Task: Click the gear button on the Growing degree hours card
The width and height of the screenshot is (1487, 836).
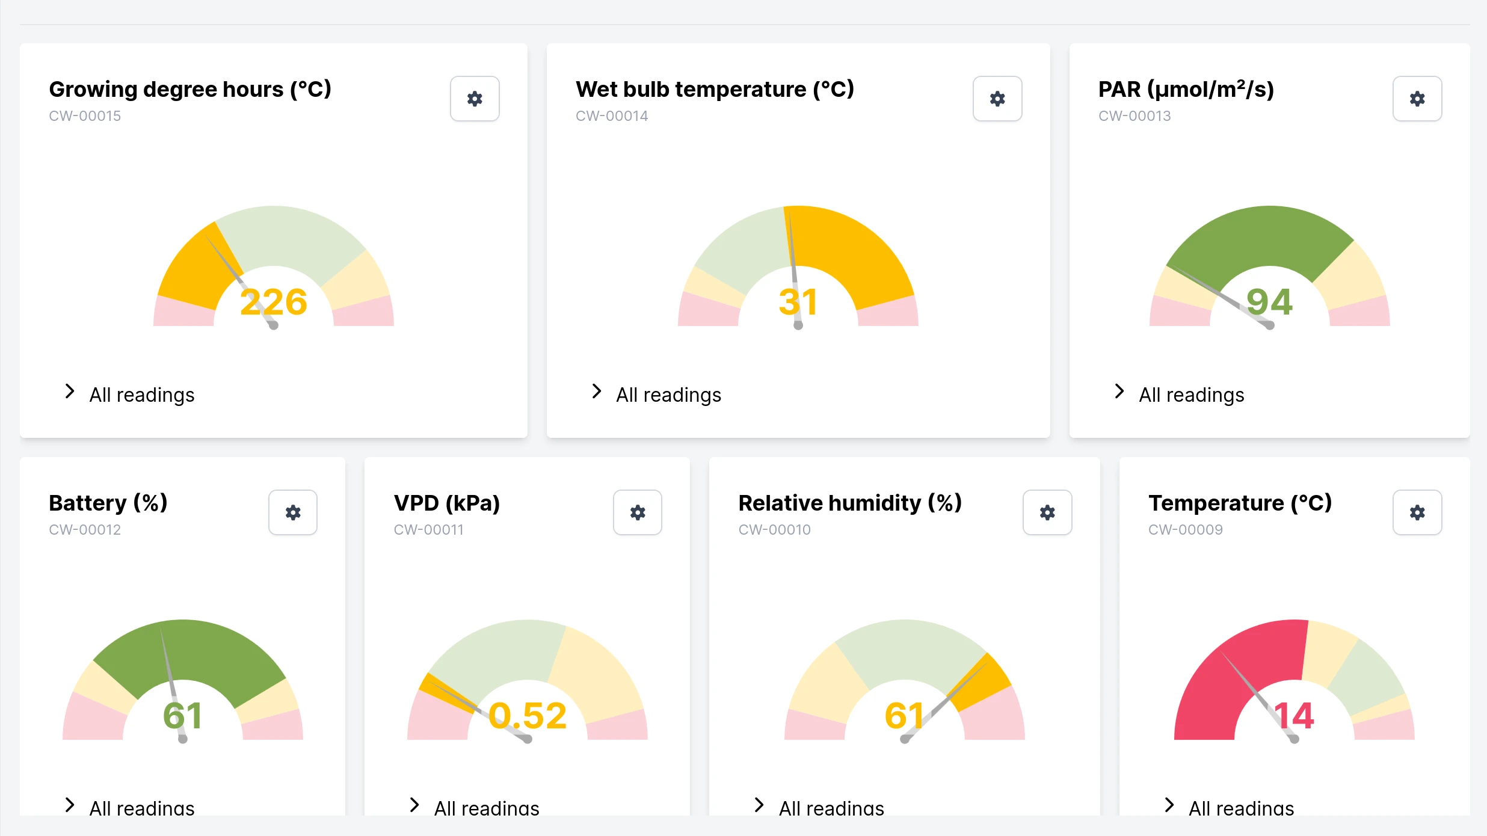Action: [x=475, y=99]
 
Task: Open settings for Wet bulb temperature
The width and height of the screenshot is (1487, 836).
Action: [x=997, y=99]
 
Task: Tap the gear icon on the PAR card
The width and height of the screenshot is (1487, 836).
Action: [x=1417, y=99]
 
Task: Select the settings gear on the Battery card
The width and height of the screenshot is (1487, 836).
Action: [x=293, y=512]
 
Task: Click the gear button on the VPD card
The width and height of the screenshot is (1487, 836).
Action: [x=638, y=512]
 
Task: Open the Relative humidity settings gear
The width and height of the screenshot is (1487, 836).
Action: [x=1047, y=512]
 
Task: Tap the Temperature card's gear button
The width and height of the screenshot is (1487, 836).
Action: [x=1417, y=512]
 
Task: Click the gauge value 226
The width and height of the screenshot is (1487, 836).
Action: [x=274, y=302]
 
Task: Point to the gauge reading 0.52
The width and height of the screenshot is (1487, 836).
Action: [x=528, y=716]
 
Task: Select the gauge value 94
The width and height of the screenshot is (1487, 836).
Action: [x=1269, y=302]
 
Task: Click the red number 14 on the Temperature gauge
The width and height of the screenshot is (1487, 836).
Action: [x=1294, y=716]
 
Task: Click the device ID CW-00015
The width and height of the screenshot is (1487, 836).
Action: [x=85, y=116]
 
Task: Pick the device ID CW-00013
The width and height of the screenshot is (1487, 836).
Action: [x=1134, y=116]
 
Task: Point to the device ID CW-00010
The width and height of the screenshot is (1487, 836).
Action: [x=774, y=530]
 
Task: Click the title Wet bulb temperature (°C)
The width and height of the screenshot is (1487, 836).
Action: [x=715, y=90]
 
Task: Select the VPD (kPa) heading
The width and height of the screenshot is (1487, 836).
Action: [x=447, y=503]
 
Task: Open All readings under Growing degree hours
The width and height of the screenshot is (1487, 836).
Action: [x=142, y=395]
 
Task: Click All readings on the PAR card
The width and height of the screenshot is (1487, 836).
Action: [x=1191, y=395]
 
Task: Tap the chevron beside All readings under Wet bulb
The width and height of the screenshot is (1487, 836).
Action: [x=596, y=392]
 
